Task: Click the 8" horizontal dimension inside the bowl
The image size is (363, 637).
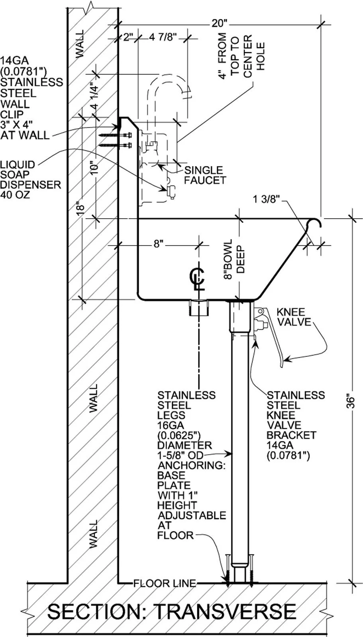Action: (159, 244)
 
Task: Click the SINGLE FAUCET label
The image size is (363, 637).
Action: (204, 175)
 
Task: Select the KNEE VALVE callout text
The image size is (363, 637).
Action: (294, 317)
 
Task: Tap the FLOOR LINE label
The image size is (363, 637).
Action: (165, 584)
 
